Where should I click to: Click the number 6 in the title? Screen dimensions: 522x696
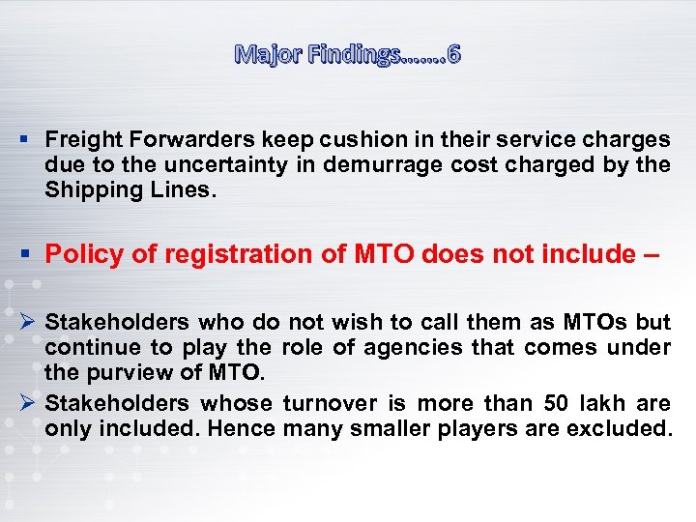[x=453, y=54]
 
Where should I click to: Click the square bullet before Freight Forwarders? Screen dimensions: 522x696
[x=30, y=140]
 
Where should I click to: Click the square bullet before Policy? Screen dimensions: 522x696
[x=30, y=254]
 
